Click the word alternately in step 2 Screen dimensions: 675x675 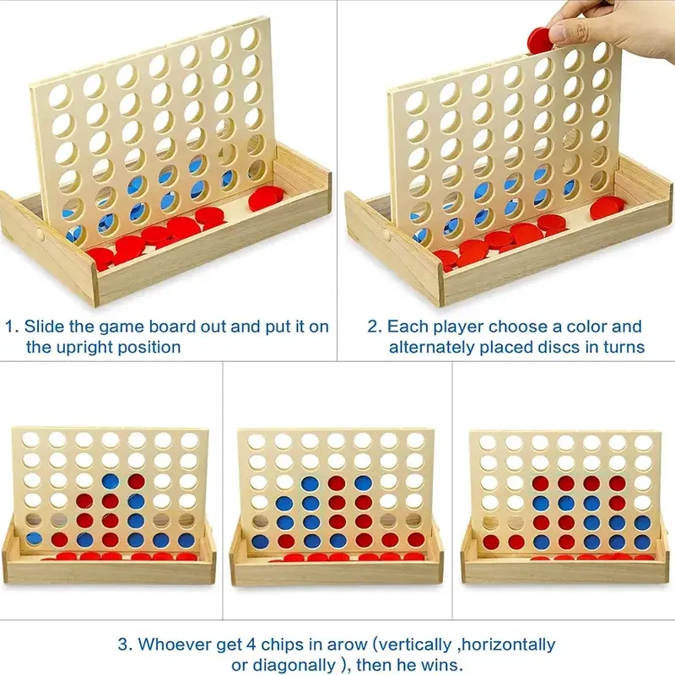tap(432, 347)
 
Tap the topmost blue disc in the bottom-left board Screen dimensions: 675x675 tap(111, 482)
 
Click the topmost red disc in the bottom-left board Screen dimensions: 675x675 tap(137, 481)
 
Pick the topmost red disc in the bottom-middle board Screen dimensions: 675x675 tap(336, 483)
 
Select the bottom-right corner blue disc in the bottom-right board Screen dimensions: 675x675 tap(642, 542)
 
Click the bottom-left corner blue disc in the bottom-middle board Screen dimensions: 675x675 tap(260, 542)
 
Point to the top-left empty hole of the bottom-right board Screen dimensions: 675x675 tap(488, 443)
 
